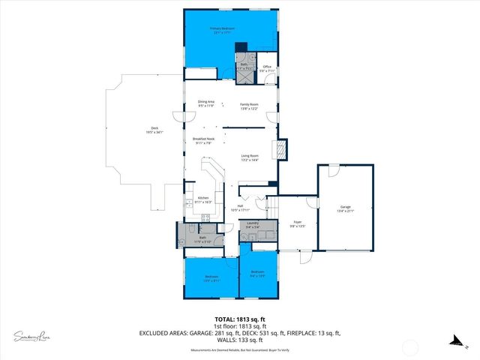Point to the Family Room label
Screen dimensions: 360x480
[249, 106]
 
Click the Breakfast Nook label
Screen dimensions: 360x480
[205, 140]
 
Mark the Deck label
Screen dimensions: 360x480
[154, 130]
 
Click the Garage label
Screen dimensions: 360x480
[346, 210]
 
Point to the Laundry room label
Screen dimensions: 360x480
[253, 224]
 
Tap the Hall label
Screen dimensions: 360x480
[240, 208]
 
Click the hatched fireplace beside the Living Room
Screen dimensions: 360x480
[282, 149]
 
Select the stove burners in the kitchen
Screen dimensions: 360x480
[205, 217]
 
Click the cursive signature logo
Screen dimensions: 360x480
[31, 335]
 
